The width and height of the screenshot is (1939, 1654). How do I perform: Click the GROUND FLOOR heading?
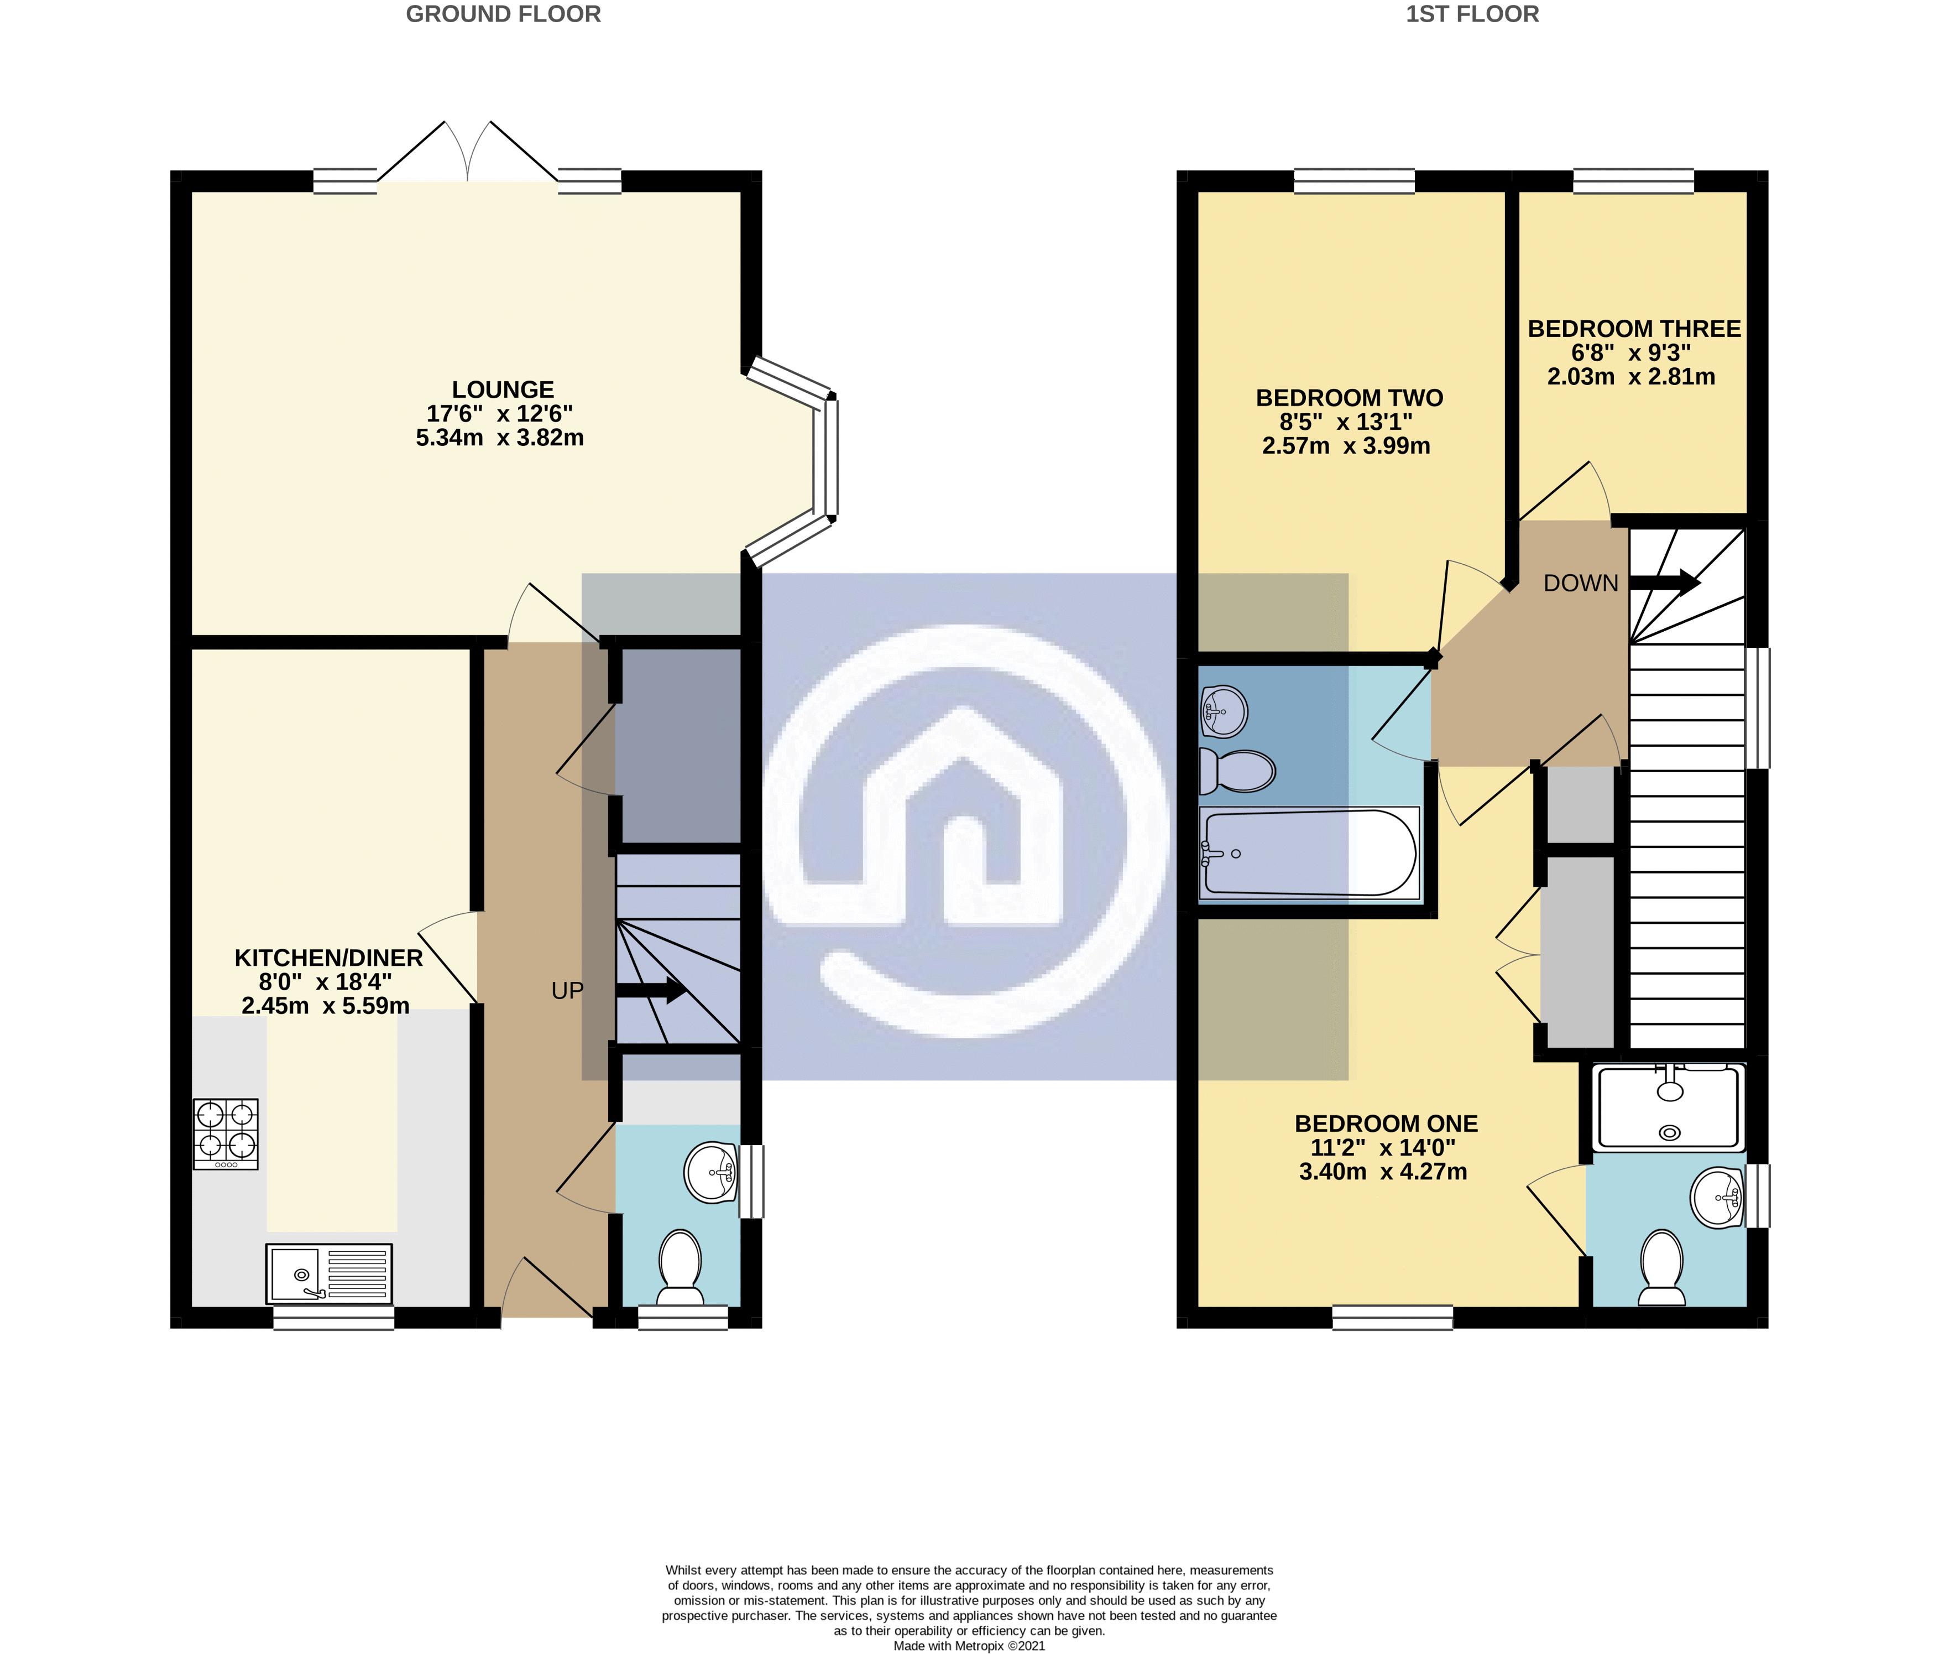(504, 14)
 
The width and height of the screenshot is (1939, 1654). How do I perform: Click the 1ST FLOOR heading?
(1472, 14)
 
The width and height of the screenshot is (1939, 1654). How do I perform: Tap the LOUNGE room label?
(504, 389)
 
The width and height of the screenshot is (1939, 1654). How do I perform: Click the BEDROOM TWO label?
(1350, 398)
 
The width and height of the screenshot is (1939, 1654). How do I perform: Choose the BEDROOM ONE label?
(1386, 1124)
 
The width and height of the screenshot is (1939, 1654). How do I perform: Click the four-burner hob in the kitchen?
(226, 1133)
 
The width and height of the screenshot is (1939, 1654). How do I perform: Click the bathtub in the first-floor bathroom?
(1310, 854)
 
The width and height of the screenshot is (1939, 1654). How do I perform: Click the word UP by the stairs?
(567, 990)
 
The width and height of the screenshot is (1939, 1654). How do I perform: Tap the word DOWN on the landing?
(1581, 583)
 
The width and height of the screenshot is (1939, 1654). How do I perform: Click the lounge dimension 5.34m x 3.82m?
(500, 437)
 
